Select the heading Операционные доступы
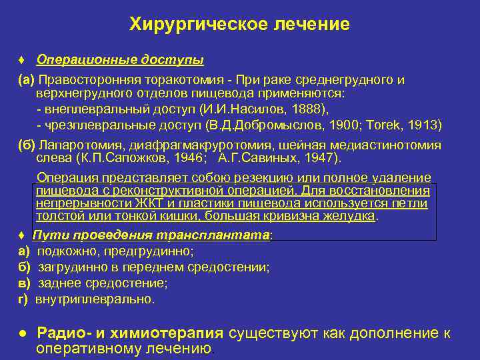(120, 60)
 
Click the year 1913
(429, 125)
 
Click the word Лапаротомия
(76, 145)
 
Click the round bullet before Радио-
(22, 333)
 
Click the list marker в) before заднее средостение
(24, 283)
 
